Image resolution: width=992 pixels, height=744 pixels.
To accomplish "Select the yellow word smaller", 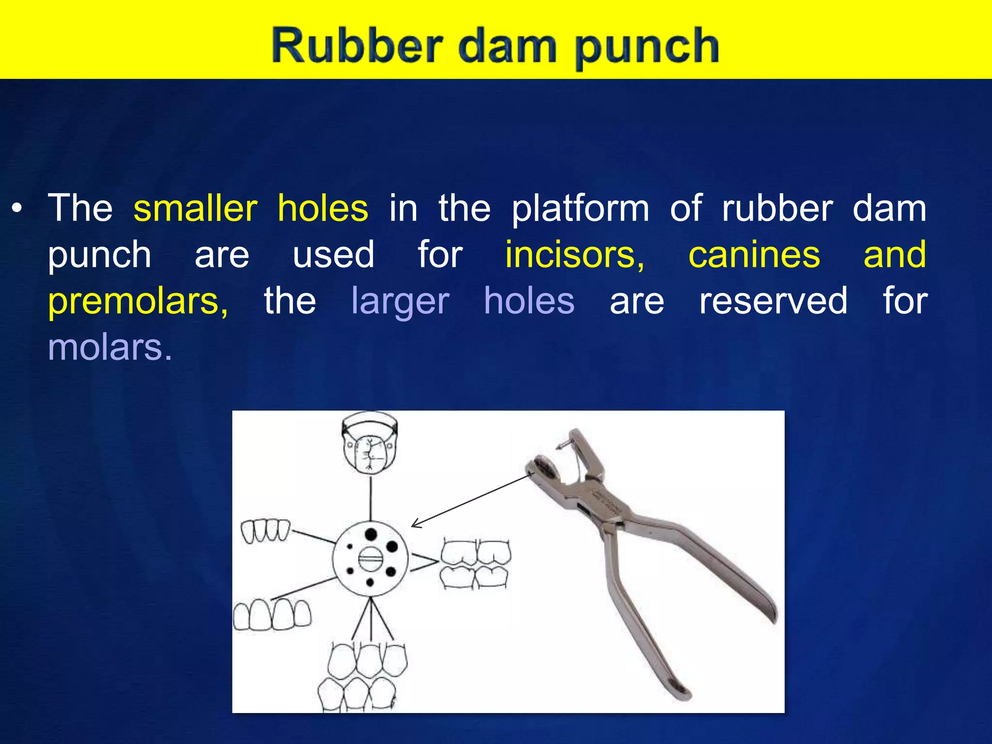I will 195,209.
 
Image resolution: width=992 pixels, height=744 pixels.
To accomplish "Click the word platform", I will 580,210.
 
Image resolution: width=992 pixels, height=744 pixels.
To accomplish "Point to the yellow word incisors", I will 574,255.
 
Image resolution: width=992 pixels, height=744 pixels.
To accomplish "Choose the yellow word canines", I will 754,255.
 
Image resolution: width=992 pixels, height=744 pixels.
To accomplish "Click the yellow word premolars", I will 138,301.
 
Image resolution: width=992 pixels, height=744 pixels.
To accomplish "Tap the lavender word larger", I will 400,301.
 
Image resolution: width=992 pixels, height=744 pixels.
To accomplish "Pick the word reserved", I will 774,301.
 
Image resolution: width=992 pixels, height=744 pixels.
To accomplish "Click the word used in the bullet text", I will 333,255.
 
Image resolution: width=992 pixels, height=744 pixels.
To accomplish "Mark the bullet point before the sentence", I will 17,210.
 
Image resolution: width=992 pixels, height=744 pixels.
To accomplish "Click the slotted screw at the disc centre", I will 371,559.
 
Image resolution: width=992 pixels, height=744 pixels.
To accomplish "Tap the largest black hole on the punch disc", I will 371,534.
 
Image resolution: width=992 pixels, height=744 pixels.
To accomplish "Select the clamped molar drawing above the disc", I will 370,444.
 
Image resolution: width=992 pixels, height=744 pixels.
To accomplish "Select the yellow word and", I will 895,255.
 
